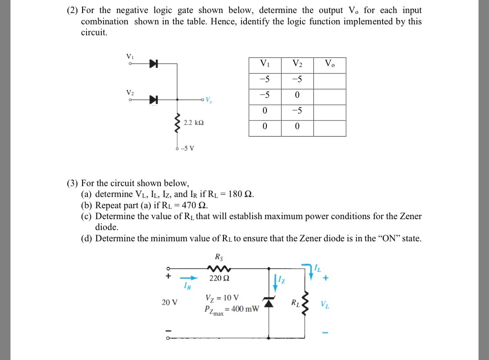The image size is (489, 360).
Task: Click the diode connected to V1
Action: pyautogui.click(x=153, y=64)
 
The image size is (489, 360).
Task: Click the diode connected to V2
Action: pyautogui.click(x=153, y=99)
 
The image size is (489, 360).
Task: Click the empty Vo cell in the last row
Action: pyautogui.click(x=330, y=128)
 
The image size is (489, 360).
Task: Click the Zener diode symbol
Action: pyautogui.click(x=268, y=302)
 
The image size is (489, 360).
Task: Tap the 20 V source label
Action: pyautogui.click(x=170, y=302)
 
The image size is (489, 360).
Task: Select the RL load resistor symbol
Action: pyautogui.click(x=306, y=302)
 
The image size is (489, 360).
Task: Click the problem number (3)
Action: pyautogui.click(x=73, y=183)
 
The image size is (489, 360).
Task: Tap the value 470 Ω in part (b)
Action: pyautogui.click(x=197, y=205)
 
